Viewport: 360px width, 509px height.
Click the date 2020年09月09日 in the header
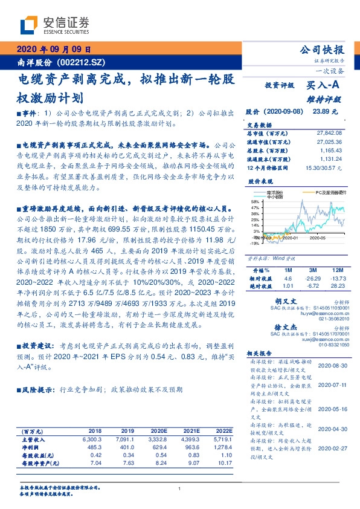[x=54, y=50]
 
